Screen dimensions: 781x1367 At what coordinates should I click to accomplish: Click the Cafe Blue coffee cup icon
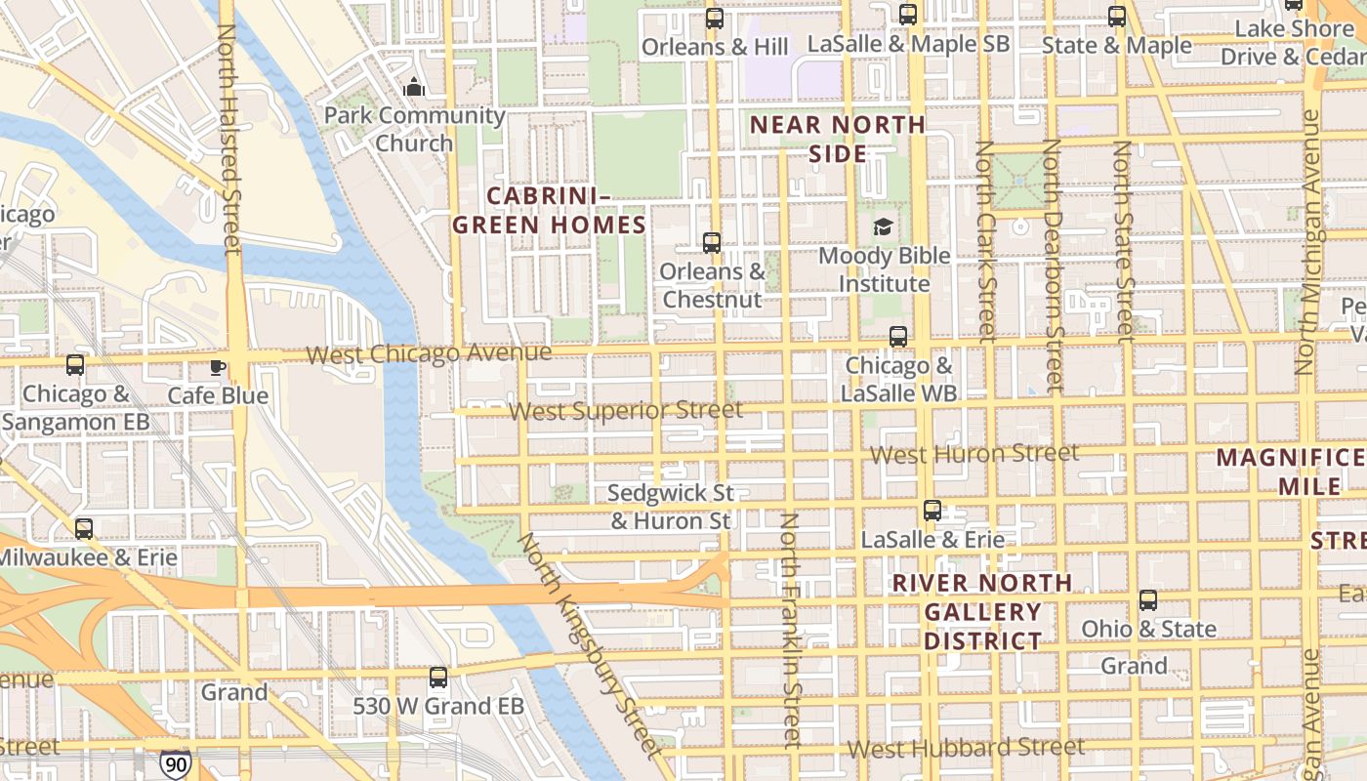[217, 367]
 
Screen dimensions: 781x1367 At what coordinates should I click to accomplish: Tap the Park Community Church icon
[414, 87]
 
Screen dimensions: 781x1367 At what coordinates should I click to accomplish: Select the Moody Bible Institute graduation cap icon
[883, 227]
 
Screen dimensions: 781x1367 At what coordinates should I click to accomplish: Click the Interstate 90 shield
[176, 764]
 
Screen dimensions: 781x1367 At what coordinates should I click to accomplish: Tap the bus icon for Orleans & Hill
[715, 19]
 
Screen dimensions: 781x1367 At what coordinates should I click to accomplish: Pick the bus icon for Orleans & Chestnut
[712, 243]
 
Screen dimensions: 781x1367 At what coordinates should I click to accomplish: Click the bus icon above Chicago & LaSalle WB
[898, 337]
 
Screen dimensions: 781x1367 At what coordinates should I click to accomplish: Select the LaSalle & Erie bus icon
[932, 511]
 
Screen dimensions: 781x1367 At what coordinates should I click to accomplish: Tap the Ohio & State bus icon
[1148, 600]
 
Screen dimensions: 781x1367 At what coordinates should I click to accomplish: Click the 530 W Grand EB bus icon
[438, 677]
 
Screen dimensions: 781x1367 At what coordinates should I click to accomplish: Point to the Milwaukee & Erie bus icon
[84, 529]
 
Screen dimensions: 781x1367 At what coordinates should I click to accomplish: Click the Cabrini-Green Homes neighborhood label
[549, 210]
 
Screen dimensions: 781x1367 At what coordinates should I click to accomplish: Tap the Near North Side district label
[838, 139]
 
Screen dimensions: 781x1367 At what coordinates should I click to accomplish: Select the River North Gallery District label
[983, 612]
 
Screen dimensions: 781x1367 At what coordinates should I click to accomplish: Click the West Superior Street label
[625, 410]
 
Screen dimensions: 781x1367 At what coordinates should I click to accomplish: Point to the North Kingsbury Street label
[590, 644]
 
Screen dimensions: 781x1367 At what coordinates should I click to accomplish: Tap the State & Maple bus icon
[1117, 17]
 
